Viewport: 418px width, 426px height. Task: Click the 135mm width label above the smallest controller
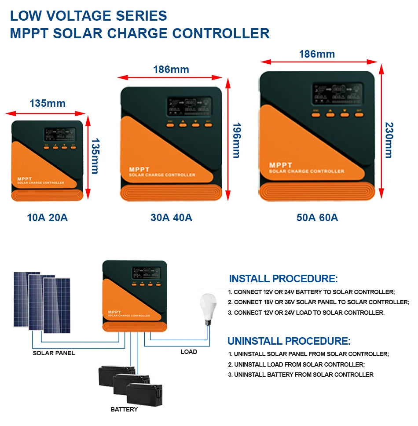coord(48,104)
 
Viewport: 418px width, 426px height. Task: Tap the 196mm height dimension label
coord(236,140)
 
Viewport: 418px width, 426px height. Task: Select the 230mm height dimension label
coord(389,140)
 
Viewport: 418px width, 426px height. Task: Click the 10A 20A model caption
coord(48,218)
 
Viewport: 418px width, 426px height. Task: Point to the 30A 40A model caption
coord(171,218)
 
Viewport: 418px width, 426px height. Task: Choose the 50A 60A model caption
coord(317,218)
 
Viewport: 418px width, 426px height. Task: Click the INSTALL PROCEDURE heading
coord(283,279)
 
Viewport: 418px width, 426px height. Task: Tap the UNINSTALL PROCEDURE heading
coord(289,341)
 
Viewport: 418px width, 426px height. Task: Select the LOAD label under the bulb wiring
coord(189,352)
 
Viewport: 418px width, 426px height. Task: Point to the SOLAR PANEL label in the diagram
coord(54,353)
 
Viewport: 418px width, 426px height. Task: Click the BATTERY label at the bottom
coord(124,409)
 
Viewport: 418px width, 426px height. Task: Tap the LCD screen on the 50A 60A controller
coord(337,94)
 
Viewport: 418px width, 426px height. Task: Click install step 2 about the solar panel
coord(321,302)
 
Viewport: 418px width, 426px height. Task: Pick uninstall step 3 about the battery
coord(304,375)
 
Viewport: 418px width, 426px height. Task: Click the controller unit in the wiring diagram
coord(135,295)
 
